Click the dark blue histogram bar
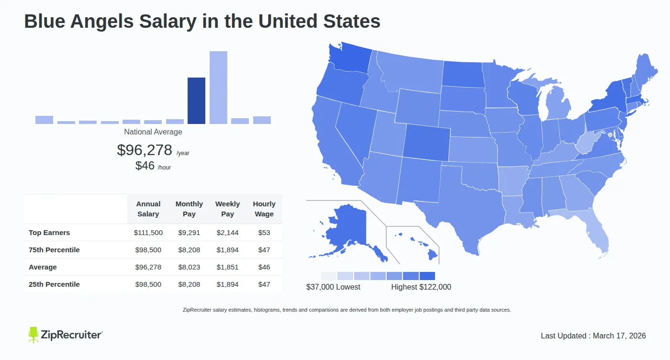pyautogui.click(x=196, y=101)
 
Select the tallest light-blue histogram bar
pyautogui.click(x=218, y=88)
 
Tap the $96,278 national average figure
pyautogui.click(x=145, y=150)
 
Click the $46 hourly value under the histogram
pyautogui.click(x=145, y=166)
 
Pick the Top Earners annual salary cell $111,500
pyautogui.click(x=148, y=233)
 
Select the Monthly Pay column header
pyautogui.click(x=189, y=209)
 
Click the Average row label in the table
pyautogui.click(x=43, y=267)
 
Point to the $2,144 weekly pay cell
pyautogui.click(x=227, y=233)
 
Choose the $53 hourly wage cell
pyautogui.click(x=264, y=233)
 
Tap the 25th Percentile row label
pyautogui.click(x=54, y=284)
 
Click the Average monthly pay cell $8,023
pyautogui.click(x=189, y=267)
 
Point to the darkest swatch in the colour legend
pyautogui.click(x=427, y=276)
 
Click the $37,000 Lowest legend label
pyautogui.click(x=333, y=287)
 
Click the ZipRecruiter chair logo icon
pyautogui.click(x=33, y=335)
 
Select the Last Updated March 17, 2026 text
pyautogui.click(x=593, y=336)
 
